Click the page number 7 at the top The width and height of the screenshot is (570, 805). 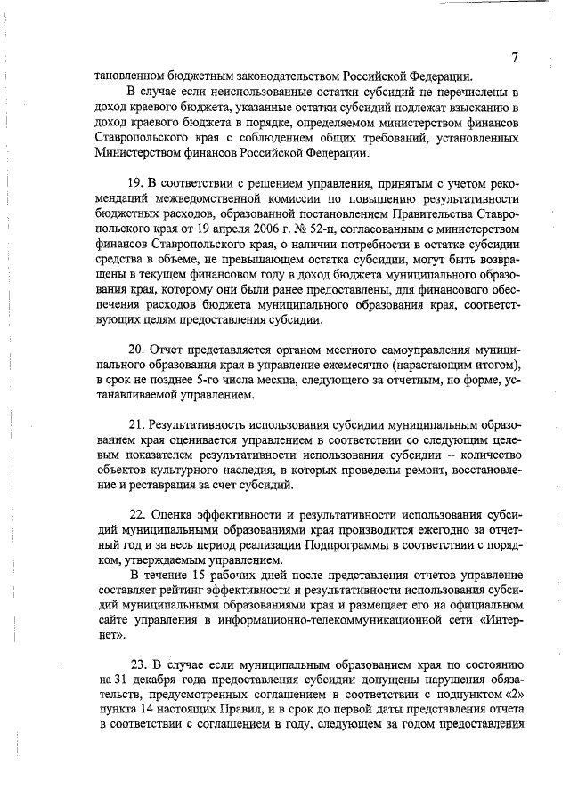click(515, 58)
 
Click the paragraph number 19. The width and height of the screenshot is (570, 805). click(135, 183)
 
